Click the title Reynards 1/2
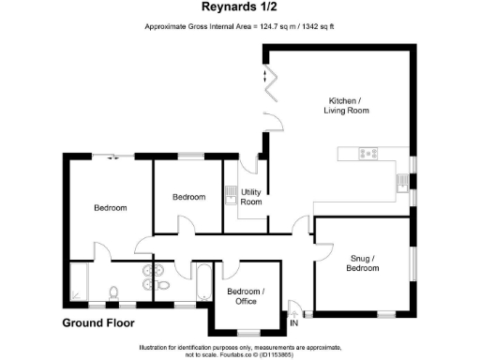(241, 9)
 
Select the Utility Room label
(251, 197)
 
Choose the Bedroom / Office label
(246, 296)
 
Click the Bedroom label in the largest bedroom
(110, 207)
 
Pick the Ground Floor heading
(98, 323)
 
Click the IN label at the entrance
(294, 323)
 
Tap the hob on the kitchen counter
(365, 153)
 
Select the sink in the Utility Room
(231, 194)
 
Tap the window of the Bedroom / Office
(248, 331)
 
